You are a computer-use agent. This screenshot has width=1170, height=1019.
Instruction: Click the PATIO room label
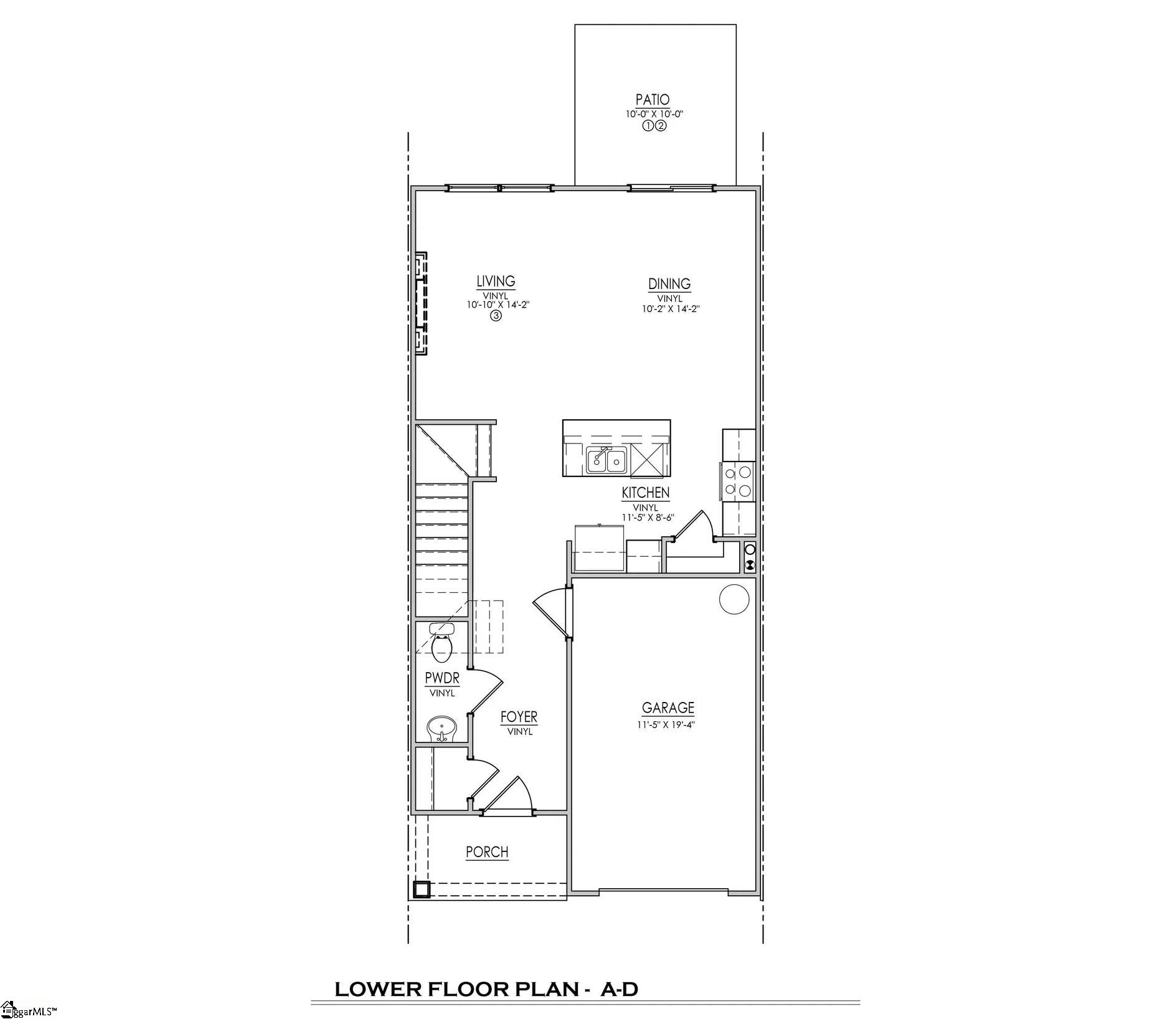click(x=653, y=100)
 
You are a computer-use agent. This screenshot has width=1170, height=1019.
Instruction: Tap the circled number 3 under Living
click(x=496, y=316)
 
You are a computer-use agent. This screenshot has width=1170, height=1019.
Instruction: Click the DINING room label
click(x=669, y=284)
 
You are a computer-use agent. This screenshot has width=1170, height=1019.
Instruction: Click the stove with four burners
click(x=737, y=481)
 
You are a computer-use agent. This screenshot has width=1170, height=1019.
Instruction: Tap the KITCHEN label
click(x=646, y=493)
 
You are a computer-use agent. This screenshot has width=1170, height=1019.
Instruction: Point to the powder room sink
click(x=441, y=728)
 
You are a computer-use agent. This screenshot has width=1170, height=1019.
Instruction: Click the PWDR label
click(x=442, y=678)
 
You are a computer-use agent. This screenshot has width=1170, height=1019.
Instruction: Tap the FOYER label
click(x=519, y=717)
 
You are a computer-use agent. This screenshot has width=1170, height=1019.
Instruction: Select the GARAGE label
click(x=668, y=708)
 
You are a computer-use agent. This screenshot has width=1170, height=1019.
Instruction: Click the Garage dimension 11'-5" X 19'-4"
click(x=665, y=724)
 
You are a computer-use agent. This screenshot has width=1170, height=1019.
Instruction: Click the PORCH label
click(x=487, y=851)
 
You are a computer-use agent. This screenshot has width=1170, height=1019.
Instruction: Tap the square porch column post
click(x=422, y=889)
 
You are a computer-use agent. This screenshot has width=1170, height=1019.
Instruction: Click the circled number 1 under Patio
click(x=647, y=126)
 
